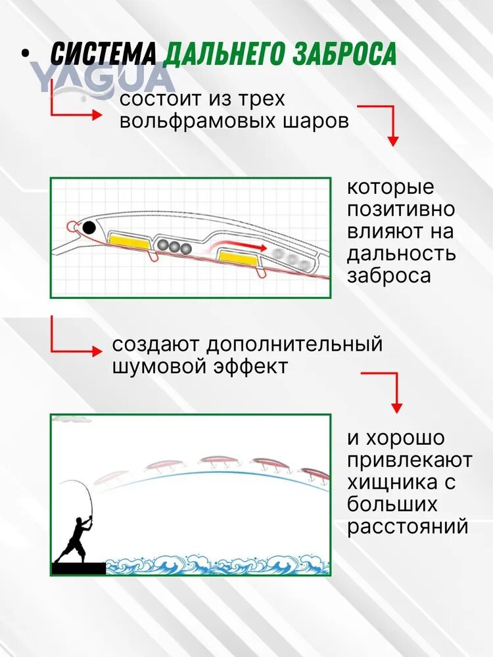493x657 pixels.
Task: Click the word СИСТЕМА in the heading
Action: (x=103, y=53)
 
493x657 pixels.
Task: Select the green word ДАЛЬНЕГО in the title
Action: (x=224, y=54)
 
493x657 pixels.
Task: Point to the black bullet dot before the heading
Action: (x=26, y=54)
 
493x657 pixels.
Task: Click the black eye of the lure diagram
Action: (x=89, y=228)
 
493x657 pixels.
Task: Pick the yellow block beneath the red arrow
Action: (x=238, y=258)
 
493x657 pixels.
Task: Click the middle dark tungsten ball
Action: (x=174, y=246)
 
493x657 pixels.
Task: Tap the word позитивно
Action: (x=400, y=210)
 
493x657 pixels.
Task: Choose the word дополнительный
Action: (x=294, y=345)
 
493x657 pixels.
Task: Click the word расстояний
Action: (x=407, y=527)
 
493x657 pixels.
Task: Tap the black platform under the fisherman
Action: (x=78, y=568)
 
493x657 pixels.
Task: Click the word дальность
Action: (x=401, y=254)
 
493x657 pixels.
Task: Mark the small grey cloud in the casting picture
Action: (x=71, y=419)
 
